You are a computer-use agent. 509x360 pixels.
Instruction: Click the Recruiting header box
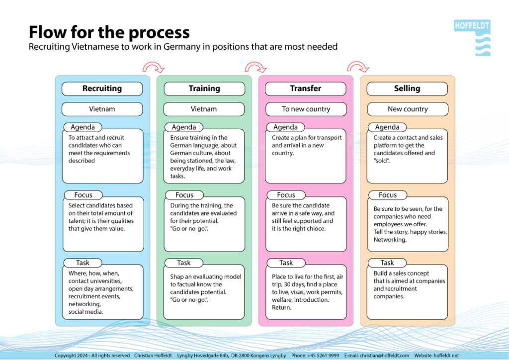click(102, 89)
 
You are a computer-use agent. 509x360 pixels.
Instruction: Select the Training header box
click(204, 89)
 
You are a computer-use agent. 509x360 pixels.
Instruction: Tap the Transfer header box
click(305, 89)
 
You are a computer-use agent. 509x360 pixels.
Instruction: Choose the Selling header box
click(407, 89)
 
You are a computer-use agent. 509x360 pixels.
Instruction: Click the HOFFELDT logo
click(472, 37)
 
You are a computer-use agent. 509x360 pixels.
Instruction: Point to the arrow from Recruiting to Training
click(153, 67)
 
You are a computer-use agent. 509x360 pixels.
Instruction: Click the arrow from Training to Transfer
click(255, 67)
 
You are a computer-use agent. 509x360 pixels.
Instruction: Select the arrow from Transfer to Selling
click(358, 67)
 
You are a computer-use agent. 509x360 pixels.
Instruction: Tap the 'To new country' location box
click(305, 109)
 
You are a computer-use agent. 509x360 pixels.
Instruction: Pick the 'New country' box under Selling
click(407, 109)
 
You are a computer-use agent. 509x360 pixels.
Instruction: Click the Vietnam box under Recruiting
click(102, 109)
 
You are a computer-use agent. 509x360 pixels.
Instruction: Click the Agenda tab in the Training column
click(184, 127)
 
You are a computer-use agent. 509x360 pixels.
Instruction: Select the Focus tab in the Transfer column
click(286, 195)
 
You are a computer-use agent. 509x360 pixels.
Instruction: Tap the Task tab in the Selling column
click(387, 263)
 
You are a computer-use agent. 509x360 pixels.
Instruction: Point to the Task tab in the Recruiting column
click(83, 263)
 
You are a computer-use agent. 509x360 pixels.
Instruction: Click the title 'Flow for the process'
click(109, 32)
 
